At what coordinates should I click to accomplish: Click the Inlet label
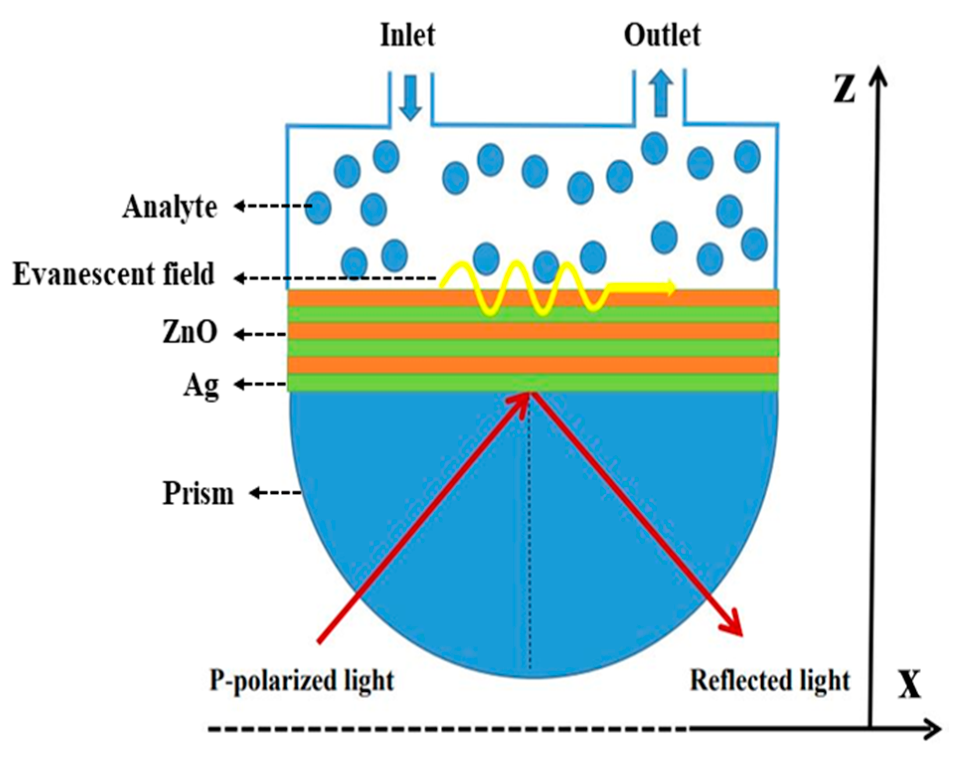coord(407,35)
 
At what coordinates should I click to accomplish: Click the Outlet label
coord(662,35)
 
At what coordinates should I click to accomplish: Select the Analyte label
coord(170,207)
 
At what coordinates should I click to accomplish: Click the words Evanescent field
coord(114,274)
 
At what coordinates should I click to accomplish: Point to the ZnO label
coord(190,332)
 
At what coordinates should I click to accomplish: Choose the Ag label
coord(201,385)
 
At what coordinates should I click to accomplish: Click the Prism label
coord(198,494)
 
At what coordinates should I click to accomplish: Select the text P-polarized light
coord(302,680)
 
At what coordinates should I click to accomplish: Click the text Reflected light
coord(770,680)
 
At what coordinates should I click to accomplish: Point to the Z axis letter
coord(844,88)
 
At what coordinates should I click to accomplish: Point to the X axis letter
coord(909,685)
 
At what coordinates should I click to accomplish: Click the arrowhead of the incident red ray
coord(522,400)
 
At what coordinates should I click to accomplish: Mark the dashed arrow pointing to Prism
coord(276,494)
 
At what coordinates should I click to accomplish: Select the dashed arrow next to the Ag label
coord(261,384)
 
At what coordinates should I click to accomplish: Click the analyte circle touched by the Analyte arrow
coord(318,207)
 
